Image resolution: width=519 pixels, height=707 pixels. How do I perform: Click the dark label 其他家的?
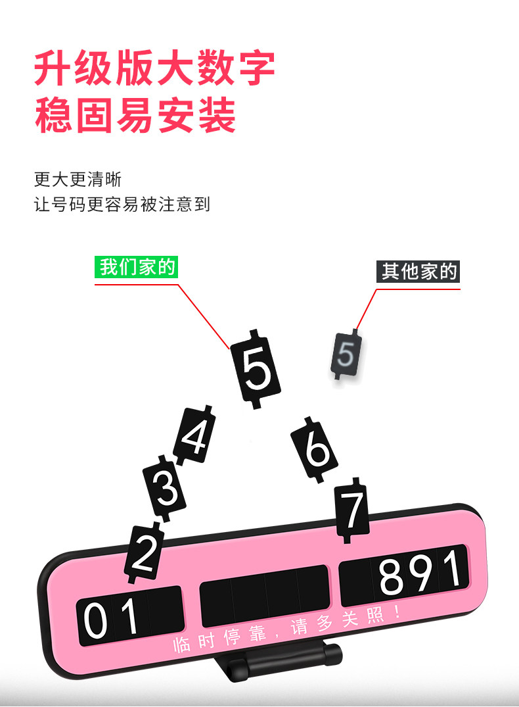tap(418, 271)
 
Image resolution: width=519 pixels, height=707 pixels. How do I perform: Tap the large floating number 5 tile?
tap(256, 368)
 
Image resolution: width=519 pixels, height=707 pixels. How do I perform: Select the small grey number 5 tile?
tap(346, 355)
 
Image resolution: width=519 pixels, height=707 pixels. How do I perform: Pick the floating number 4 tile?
tap(194, 436)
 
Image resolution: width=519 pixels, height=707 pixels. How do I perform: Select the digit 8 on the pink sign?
tap(394, 577)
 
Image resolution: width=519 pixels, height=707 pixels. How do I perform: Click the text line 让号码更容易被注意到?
tap(122, 204)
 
